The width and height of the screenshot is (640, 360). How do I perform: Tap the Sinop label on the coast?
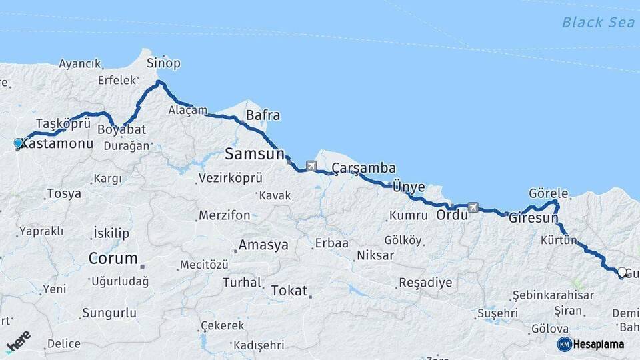(163, 63)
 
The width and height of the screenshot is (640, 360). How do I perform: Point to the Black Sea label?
(598, 22)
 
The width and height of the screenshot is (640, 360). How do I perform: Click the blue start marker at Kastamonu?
(19, 143)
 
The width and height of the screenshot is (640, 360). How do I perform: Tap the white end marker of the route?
(622, 272)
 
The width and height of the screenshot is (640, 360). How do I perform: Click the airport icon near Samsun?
(311, 165)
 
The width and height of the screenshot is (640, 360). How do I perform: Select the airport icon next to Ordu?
(473, 207)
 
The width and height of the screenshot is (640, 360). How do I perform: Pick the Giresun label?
(533, 218)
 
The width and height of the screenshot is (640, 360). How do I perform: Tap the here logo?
(19, 341)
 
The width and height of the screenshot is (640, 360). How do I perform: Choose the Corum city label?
(113, 258)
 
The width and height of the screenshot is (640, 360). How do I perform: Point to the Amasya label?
(263, 245)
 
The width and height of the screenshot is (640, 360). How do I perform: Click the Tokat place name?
(289, 291)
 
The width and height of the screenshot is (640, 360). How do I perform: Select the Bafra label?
(263, 115)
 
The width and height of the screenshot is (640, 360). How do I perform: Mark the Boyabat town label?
(121, 129)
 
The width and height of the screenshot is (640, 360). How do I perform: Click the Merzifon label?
(224, 215)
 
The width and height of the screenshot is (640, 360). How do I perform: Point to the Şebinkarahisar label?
(553, 295)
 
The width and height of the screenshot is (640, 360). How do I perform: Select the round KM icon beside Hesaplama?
(564, 344)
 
